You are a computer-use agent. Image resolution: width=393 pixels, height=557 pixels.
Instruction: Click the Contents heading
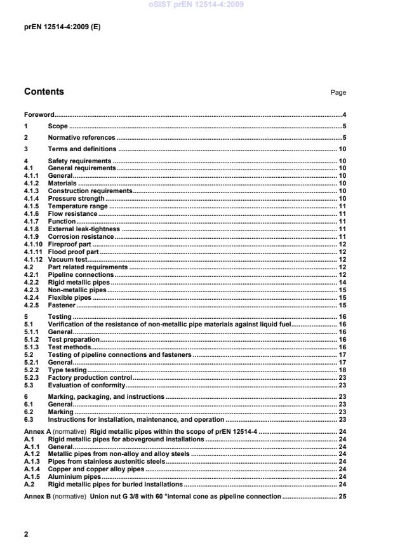(x=44, y=91)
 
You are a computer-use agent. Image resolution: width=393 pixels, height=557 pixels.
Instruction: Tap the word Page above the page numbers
(x=338, y=93)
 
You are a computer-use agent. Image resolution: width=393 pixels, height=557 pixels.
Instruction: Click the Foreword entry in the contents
(x=39, y=115)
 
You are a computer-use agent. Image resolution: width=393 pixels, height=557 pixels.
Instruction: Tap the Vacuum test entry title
(x=67, y=260)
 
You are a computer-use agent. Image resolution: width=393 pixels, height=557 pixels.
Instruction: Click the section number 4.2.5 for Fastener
(x=31, y=305)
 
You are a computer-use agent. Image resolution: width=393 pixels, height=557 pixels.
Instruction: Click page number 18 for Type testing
(x=342, y=370)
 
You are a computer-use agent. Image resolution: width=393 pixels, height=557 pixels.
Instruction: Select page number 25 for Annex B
(x=342, y=495)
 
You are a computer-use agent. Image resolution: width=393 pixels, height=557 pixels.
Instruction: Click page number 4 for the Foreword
(x=343, y=115)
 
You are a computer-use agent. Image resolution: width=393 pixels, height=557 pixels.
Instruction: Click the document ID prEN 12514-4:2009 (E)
(x=62, y=28)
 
